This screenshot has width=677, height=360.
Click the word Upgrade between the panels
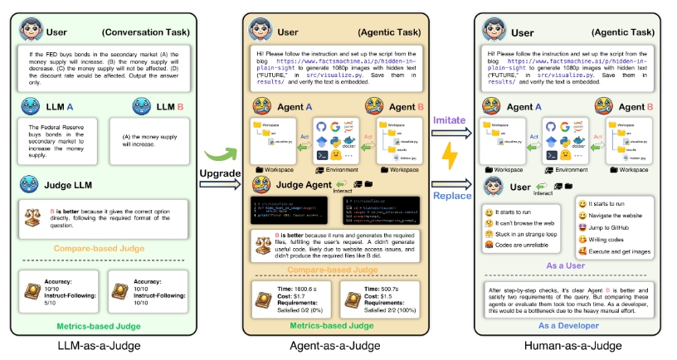click(218, 173)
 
